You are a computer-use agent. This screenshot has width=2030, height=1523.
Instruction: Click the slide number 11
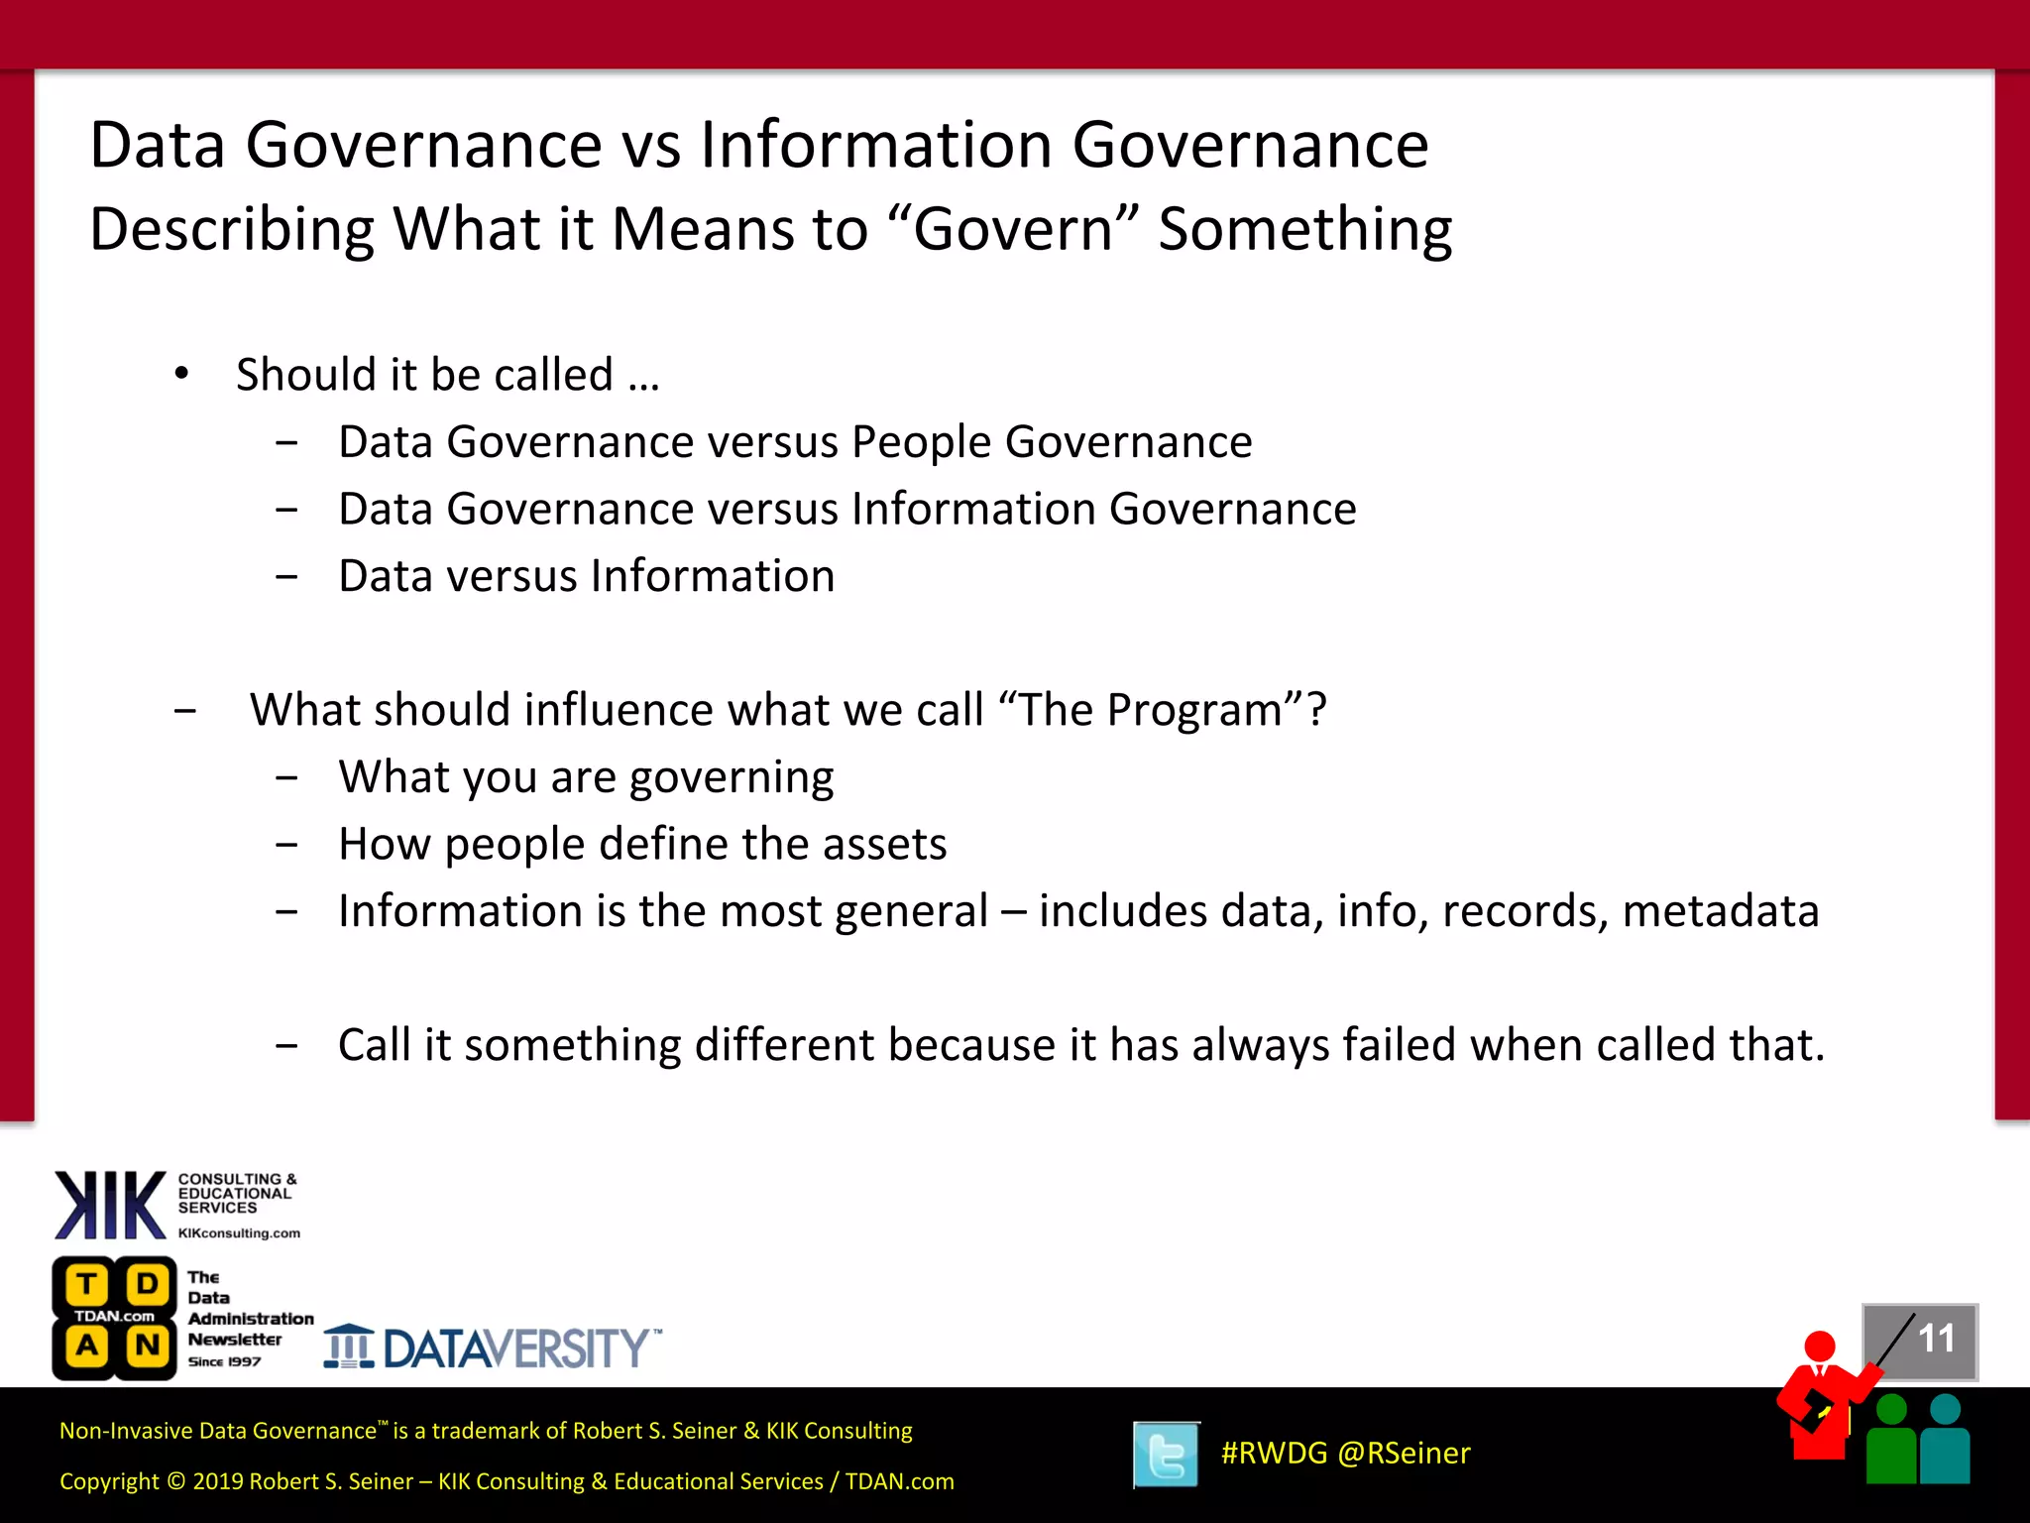coord(1935,1339)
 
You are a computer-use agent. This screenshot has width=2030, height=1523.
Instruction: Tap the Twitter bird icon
coord(1166,1455)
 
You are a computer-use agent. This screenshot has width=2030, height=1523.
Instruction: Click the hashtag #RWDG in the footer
coord(1274,1453)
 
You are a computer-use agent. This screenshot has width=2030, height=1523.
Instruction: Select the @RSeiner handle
coord(1404,1453)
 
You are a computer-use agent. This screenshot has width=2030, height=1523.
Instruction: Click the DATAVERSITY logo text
coord(516,1348)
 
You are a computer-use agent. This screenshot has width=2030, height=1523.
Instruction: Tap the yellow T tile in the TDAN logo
coord(87,1284)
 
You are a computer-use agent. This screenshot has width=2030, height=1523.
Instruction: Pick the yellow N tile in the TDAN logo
coord(148,1346)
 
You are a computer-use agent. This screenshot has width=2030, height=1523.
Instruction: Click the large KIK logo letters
coord(110,1205)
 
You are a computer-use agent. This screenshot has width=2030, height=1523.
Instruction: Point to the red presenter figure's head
coord(1820,1346)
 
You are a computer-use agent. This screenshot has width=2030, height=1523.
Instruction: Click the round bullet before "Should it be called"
coord(181,375)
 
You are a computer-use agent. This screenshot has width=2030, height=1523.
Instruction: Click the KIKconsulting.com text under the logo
coord(239,1233)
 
